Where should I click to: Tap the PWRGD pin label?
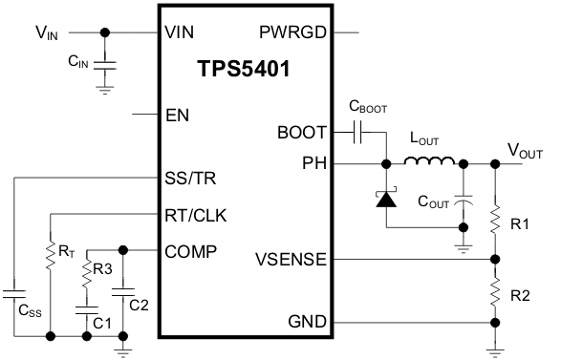(293, 32)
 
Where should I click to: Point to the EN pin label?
(177, 116)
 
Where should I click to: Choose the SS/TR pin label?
(191, 179)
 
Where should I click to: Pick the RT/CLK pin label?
(196, 215)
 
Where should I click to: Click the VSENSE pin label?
(291, 259)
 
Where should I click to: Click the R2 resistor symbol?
(494, 290)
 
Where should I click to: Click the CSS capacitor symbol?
(14, 288)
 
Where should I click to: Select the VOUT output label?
(525, 150)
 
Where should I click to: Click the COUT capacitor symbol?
(464, 201)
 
